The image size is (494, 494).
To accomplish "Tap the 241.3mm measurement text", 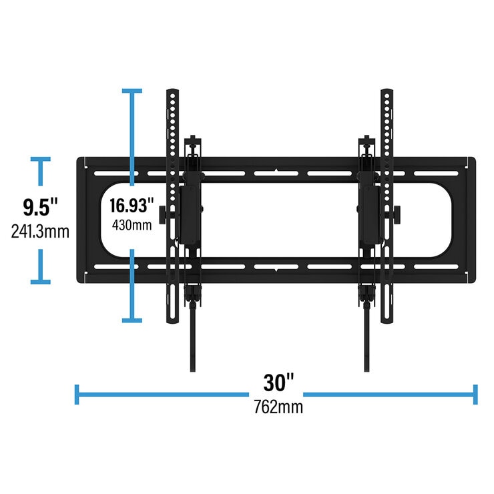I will point(40,232).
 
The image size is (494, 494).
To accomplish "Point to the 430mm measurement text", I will point(132,225).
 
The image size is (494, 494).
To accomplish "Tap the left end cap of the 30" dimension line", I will point(77,394).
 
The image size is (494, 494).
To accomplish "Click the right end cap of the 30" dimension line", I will point(475,394).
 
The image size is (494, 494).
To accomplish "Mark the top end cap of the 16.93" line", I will point(132,91).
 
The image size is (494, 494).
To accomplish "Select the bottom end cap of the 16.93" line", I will point(132,320).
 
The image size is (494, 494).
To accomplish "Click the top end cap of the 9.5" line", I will point(41,159).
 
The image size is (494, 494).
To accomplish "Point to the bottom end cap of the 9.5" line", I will point(41,281).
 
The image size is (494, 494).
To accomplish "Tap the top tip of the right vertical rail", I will point(387,89).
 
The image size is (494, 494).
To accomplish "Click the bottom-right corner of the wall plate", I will point(473,281).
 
